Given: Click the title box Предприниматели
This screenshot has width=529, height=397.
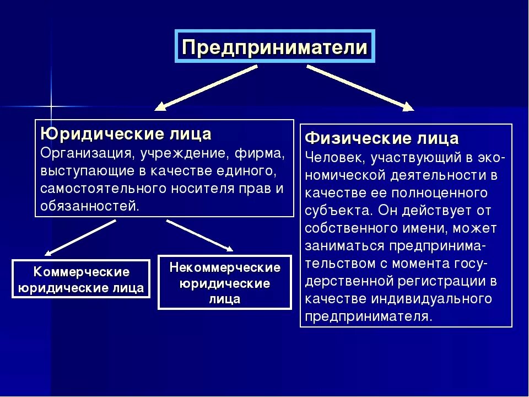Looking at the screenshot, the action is (x=274, y=46).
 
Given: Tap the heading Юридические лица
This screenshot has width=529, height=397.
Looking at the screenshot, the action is (x=126, y=134).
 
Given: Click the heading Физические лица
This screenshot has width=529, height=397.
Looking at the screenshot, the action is (x=382, y=137).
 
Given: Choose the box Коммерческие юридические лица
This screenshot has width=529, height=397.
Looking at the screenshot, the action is (x=81, y=280).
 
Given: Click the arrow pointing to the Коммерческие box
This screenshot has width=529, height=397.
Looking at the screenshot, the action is (x=80, y=237).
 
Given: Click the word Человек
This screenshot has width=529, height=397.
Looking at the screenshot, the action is (x=336, y=157).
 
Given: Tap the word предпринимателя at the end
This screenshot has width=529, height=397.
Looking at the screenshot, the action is (x=368, y=316).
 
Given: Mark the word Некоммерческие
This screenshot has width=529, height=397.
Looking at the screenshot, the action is (x=225, y=268).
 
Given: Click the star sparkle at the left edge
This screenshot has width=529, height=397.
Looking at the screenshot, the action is (x=51, y=105).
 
